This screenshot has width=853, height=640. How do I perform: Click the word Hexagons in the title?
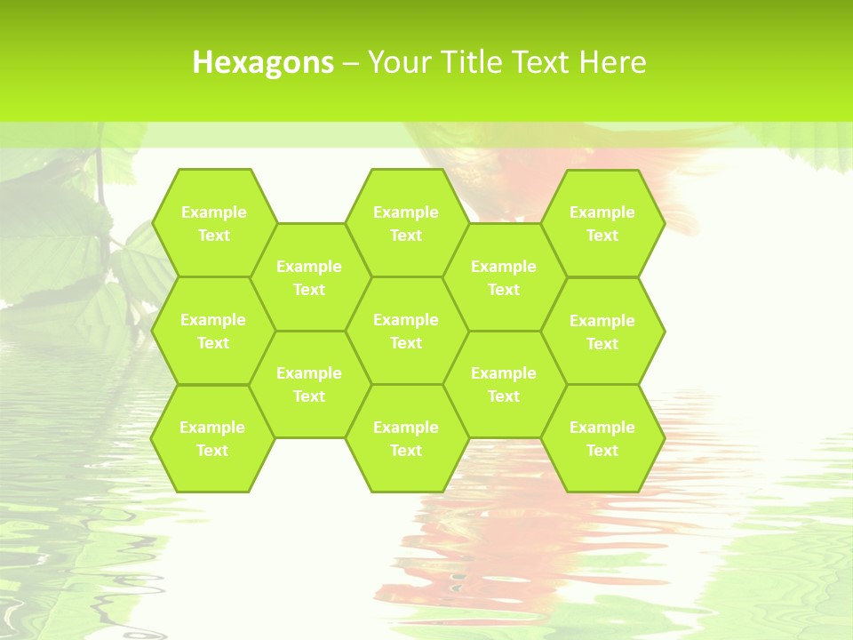(x=263, y=62)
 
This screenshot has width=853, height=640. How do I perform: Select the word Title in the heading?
(x=473, y=62)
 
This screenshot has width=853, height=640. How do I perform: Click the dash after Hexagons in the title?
(x=351, y=63)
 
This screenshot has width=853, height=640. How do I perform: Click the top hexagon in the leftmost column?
(x=213, y=223)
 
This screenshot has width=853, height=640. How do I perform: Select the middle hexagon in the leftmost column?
(x=213, y=331)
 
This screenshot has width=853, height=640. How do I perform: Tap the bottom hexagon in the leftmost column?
(x=212, y=438)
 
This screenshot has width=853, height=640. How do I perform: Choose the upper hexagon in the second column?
(x=309, y=277)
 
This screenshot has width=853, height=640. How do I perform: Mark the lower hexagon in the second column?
(x=309, y=384)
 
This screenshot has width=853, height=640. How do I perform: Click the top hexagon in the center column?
(x=406, y=223)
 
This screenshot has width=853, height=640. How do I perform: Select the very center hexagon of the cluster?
(x=406, y=331)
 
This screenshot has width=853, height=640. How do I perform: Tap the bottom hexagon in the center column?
(x=406, y=438)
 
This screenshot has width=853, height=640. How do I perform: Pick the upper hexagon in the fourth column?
(x=504, y=277)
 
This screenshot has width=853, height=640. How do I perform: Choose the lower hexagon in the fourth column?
(x=504, y=384)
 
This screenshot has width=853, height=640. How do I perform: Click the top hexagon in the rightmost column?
(x=602, y=223)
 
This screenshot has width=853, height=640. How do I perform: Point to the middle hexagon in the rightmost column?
(x=602, y=332)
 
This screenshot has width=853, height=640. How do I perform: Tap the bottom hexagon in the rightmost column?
(x=602, y=438)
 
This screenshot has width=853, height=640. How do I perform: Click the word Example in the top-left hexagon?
(x=213, y=212)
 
